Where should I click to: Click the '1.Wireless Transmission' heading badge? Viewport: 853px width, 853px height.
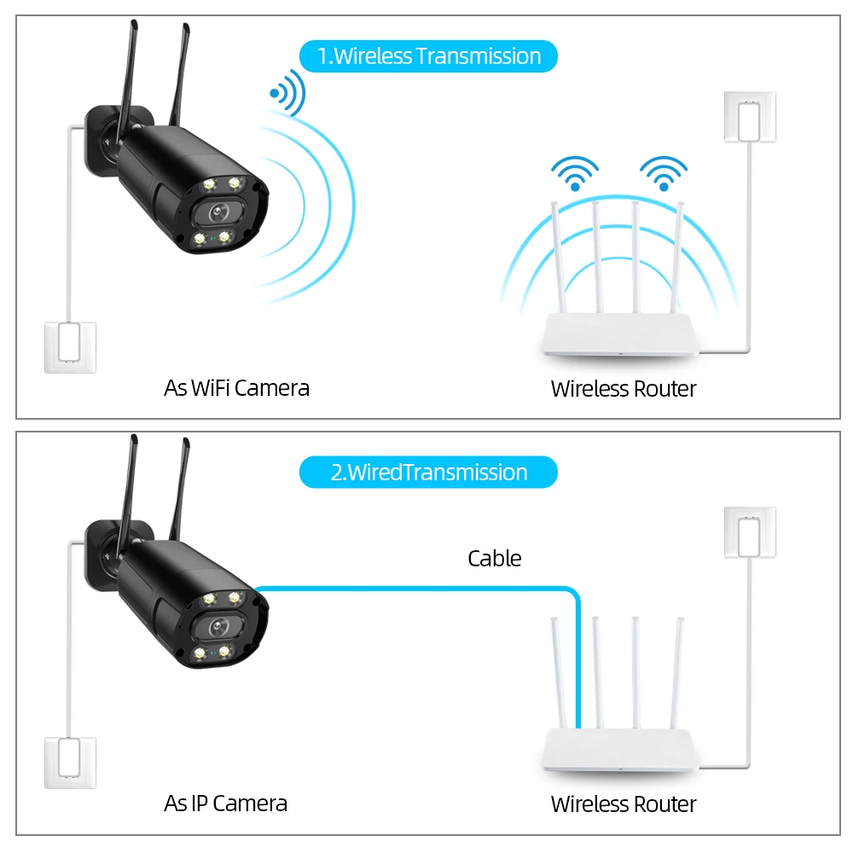coord(428,56)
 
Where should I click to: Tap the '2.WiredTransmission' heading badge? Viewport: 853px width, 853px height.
coord(428,472)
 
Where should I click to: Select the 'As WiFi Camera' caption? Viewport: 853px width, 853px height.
coord(236,388)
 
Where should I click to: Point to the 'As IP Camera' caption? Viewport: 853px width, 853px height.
coord(225,803)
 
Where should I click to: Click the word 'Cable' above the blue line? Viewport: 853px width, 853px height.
coord(494,559)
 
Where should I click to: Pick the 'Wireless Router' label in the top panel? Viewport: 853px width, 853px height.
coord(624,389)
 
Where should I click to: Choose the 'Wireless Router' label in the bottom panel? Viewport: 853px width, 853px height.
coord(624,804)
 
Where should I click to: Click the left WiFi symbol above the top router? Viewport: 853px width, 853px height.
coord(575,173)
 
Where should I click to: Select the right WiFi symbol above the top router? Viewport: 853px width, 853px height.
coord(664,173)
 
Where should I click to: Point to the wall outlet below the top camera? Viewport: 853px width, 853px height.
coord(70,346)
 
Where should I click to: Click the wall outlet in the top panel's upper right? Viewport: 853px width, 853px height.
coord(750,116)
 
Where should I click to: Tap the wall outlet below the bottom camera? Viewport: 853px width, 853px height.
coord(70,762)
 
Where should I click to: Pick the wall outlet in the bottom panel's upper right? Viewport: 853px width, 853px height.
coord(750,532)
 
